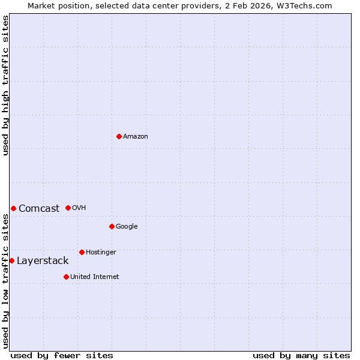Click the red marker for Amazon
click(119, 136)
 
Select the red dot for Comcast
click(13, 208)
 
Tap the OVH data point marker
click(68, 208)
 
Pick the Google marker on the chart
click(112, 226)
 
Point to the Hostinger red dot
click(82, 252)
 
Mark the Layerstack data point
click(11, 260)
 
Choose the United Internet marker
click(66, 277)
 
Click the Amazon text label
click(136, 137)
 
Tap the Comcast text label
click(39, 209)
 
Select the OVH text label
click(79, 208)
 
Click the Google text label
click(127, 227)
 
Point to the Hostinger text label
click(101, 253)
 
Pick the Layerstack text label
click(43, 261)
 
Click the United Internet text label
click(95, 277)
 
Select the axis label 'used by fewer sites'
click(62, 355)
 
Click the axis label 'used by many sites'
click(301, 355)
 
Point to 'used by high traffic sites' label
click(5, 85)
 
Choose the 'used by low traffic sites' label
click(5, 281)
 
